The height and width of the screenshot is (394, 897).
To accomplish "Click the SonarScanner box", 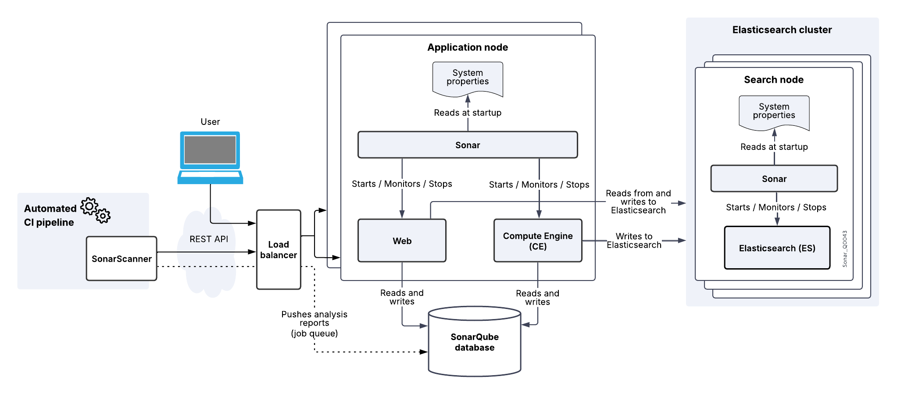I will coord(122,259).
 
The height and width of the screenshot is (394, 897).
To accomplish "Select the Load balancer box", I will coord(279,250).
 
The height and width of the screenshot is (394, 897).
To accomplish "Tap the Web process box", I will coord(402,241).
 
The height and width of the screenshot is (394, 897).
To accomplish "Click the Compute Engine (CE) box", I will coord(538,241).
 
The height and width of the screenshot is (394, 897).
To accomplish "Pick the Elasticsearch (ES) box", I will coord(777,248).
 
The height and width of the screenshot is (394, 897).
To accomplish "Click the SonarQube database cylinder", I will coord(475,342).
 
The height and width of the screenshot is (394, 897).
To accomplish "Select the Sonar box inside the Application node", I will coord(468,145).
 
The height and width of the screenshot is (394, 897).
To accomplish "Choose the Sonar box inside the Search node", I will coord(774,179).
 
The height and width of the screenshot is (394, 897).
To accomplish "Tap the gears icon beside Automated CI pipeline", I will coord(96,210).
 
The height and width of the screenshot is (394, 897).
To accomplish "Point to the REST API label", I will coord(209,239).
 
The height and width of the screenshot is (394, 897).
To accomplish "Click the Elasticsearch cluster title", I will coord(782,30).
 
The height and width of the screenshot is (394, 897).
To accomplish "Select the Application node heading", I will coord(468,47).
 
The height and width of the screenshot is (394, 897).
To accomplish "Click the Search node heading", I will coord(774,80).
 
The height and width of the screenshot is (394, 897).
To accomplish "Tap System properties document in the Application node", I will coord(468,78).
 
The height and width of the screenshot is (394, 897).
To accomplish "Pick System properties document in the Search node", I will coord(774,111).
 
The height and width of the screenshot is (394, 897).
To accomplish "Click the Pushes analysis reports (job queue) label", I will coord(314,323).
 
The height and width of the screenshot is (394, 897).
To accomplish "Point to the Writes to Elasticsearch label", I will coord(634,241).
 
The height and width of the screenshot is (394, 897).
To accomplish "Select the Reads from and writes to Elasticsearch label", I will coord(638,202).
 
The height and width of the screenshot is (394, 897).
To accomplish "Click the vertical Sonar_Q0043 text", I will coord(845,248).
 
